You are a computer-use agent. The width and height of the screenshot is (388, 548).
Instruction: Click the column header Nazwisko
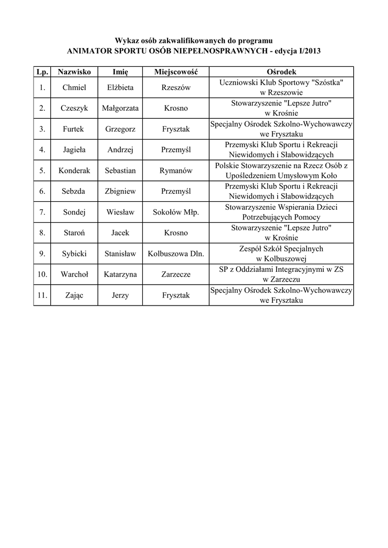click(74, 72)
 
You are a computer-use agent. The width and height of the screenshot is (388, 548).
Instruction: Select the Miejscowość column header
click(176, 72)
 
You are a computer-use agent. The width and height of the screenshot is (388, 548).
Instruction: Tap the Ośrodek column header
click(281, 72)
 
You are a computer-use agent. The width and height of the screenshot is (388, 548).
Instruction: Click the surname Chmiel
click(74, 87)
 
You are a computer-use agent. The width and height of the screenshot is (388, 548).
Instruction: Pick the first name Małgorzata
click(120, 108)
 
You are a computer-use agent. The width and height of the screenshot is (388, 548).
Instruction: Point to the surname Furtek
click(74, 129)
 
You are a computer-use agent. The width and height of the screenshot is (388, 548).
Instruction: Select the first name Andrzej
click(120, 150)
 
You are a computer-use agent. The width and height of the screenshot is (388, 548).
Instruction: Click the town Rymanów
click(176, 171)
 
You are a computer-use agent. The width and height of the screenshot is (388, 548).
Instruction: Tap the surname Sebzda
click(74, 191)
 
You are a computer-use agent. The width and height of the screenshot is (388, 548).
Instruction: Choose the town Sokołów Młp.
click(176, 212)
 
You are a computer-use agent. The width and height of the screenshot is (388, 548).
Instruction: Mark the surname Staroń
click(74, 233)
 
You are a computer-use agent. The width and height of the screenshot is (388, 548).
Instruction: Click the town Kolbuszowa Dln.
click(176, 254)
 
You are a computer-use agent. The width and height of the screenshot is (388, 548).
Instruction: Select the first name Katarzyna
click(120, 275)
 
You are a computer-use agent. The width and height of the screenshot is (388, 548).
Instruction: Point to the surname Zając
click(74, 295)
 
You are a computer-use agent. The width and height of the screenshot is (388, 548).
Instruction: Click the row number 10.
click(42, 275)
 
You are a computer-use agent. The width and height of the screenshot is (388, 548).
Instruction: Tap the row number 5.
click(42, 171)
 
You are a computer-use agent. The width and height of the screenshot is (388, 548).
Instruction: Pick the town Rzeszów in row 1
click(176, 87)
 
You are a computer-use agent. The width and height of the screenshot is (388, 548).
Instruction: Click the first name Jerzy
click(120, 295)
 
